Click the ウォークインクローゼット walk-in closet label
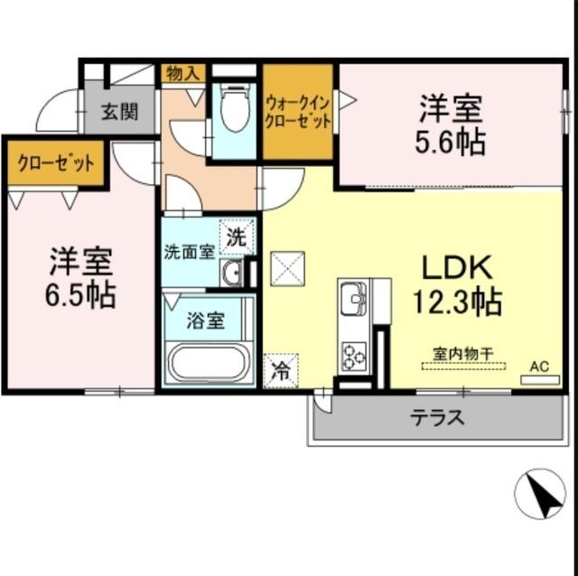(x=298, y=112)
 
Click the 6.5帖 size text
(x=81, y=294)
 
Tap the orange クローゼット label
(x=55, y=164)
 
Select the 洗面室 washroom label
(x=189, y=252)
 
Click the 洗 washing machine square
(x=236, y=238)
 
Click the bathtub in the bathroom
(x=208, y=365)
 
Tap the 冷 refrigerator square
(x=280, y=370)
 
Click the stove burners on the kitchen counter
(x=353, y=355)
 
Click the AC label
(x=539, y=366)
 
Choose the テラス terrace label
(x=438, y=417)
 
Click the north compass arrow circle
(x=539, y=495)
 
